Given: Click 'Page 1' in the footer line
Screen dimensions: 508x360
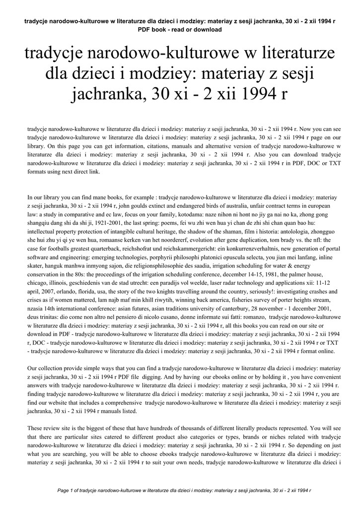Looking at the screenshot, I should point(66,490).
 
